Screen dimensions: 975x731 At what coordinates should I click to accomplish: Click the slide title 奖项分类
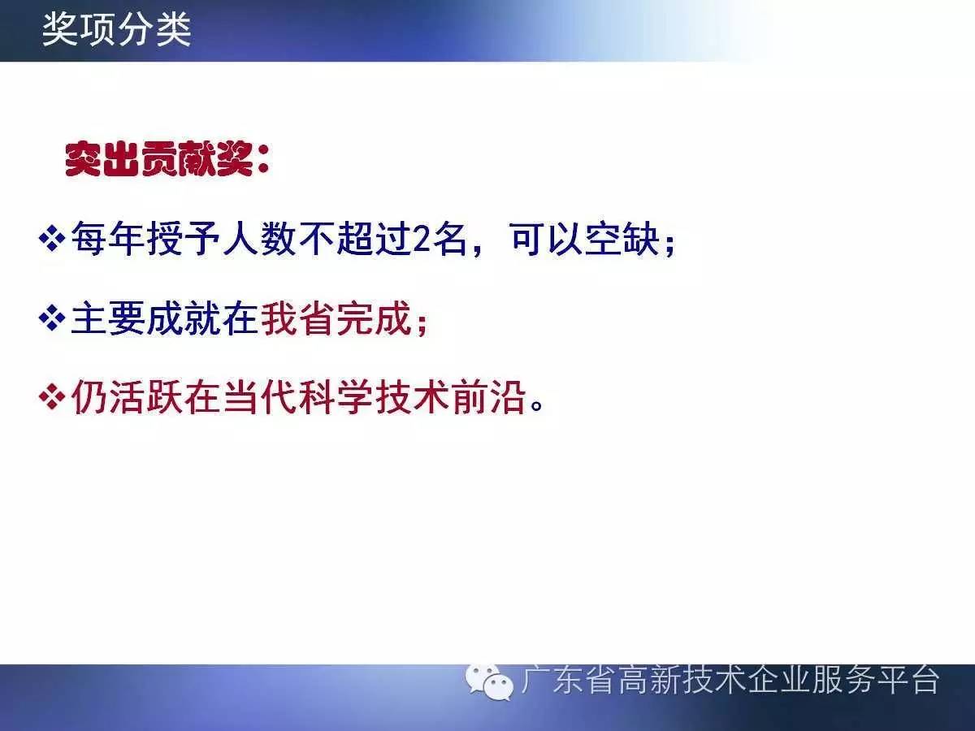pyautogui.click(x=116, y=30)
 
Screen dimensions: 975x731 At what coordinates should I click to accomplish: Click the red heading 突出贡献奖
pyautogui.click(x=159, y=159)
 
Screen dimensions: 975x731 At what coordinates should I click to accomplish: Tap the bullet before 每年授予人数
pyautogui.click(x=52, y=239)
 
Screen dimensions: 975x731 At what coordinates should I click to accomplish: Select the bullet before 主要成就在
pyautogui.click(x=52, y=318)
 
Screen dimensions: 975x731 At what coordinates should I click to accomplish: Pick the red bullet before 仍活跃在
pyautogui.click(x=52, y=396)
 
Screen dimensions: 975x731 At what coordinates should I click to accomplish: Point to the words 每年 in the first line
pyautogui.click(x=108, y=239)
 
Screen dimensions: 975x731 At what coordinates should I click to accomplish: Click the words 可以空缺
pyautogui.click(x=584, y=239)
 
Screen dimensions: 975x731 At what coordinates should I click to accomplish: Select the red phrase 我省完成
pyautogui.click(x=336, y=318)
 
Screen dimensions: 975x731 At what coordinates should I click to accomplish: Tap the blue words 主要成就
pyautogui.click(x=145, y=318)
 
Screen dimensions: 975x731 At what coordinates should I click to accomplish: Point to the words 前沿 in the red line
pyautogui.click(x=488, y=397)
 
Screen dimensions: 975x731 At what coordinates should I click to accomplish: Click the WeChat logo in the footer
pyautogui.click(x=489, y=682)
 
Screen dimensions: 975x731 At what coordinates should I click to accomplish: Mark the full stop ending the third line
pyautogui.click(x=537, y=405)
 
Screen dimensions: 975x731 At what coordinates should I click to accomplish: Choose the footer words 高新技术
pyautogui.click(x=682, y=680)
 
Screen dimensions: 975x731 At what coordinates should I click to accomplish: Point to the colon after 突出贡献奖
pyautogui.click(x=263, y=160)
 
